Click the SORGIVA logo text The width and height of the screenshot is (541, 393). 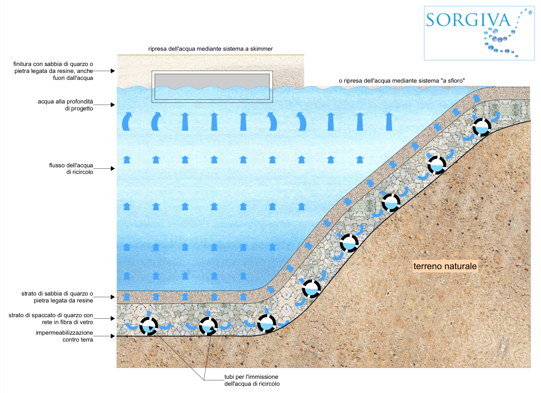[468, 20]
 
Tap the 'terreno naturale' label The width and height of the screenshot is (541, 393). [445, 266]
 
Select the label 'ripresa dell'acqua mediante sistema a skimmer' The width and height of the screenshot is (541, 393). [210, 49]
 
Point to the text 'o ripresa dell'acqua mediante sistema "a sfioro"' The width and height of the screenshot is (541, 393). [402, 81]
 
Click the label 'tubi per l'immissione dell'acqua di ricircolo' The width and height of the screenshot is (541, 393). [252, 380]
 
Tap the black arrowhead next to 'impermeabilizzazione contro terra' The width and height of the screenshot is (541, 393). [112, 336]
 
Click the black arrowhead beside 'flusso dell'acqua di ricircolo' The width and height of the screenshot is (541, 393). [112, 168]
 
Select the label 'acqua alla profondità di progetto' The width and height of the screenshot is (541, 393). [65, 105]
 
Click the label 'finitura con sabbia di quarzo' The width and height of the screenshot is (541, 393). [53, 71]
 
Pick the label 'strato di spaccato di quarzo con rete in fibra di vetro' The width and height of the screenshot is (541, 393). [51, 319]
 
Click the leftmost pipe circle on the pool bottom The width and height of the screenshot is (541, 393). [149, 326]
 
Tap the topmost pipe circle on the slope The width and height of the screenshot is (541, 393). [482, 127]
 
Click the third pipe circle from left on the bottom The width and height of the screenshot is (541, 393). [267, 323]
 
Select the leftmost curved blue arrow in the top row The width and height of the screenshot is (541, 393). [127, 122]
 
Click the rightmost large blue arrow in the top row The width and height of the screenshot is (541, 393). [389, 122]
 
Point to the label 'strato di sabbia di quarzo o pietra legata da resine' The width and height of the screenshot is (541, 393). [57, 297]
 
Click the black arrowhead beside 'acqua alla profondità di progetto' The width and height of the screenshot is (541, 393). [112, 105]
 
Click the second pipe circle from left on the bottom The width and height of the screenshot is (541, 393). [208, 326]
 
